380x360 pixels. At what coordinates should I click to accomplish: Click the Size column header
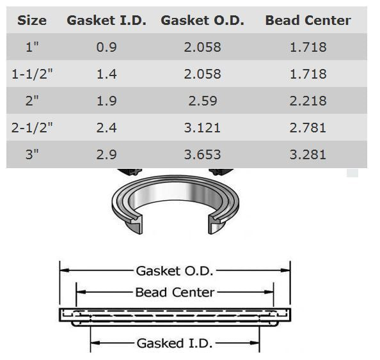32,20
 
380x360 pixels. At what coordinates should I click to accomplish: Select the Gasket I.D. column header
106,20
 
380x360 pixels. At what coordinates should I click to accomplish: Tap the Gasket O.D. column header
202,20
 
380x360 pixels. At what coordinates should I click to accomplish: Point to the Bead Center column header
308,20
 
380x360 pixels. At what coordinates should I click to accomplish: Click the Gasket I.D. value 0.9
106,47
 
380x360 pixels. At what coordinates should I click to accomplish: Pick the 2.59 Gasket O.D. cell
203,101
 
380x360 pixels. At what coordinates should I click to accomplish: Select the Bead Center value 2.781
308,128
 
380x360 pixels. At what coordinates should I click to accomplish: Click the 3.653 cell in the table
202,155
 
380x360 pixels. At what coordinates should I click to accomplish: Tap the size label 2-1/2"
32,128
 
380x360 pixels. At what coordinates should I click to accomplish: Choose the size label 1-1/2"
32,74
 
